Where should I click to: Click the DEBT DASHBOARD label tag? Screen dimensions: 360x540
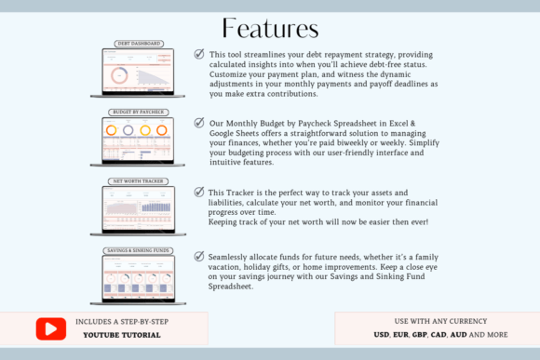click(140, 44)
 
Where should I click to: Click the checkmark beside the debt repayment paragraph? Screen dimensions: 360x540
click(199, 54)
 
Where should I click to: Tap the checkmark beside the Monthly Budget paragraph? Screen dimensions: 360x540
click(199, 122)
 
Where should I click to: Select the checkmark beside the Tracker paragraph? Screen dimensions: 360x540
click(198, 192)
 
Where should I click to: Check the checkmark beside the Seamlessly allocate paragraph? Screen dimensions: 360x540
click(199, 256)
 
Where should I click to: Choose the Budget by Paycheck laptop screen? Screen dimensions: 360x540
click(140, 140)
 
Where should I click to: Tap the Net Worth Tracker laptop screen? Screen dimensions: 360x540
click(140, 209)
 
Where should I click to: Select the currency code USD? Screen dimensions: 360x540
click(381, 333)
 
